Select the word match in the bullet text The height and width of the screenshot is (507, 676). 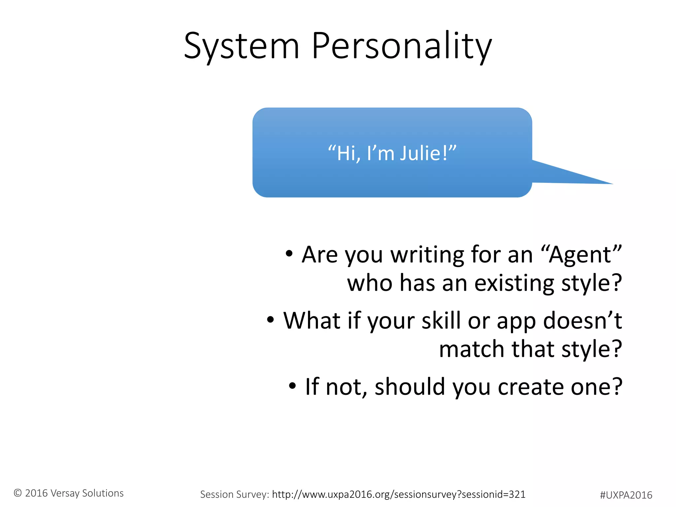[x=471, y=349]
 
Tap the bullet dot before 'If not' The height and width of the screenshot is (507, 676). [x=292, y=386]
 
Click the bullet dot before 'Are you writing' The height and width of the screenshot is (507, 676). [x=289, y=253]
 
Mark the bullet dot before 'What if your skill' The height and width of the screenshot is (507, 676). [x=270, y=320]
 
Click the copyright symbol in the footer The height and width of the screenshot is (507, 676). [x=18, y=493]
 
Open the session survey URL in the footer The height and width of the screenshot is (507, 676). [x=398, y=494]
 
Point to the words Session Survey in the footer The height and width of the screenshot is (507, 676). [x=234, y=494]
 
